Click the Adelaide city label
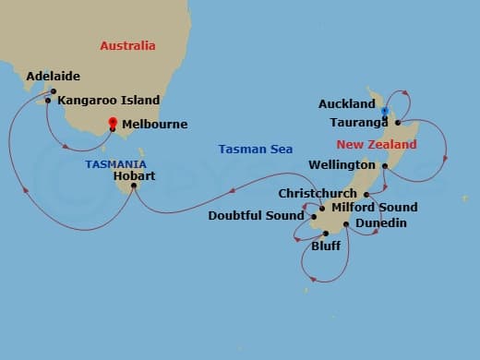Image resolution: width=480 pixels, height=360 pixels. [x=54, y=77]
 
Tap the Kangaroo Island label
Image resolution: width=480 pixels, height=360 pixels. [x=109, y=100]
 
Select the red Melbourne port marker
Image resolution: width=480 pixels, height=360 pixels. [x=113, y=122]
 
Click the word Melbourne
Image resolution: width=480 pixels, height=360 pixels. [x=155, y=124]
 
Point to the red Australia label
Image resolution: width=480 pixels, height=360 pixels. [x=127, y=45]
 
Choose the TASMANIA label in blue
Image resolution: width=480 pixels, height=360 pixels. [x=115, y=164]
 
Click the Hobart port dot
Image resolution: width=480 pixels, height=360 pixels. [x=134, y=186]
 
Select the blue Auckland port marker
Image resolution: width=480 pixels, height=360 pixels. [x=384, y=111]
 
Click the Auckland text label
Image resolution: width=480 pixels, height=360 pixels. [x=346, y=103]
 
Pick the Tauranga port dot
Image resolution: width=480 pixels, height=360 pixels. [x=397, y=122]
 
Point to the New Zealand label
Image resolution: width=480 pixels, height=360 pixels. [x=376, y=145]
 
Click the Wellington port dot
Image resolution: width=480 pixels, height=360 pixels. [x=384, y=166]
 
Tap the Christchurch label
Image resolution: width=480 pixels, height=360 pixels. [x=317, y=194]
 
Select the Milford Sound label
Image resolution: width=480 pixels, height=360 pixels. [x=373, y=208]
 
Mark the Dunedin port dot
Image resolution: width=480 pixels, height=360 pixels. [x=346, y=223]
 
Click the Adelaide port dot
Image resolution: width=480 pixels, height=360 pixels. [x=54, y=90]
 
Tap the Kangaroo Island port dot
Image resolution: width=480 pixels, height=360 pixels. [x=48, y=100]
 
